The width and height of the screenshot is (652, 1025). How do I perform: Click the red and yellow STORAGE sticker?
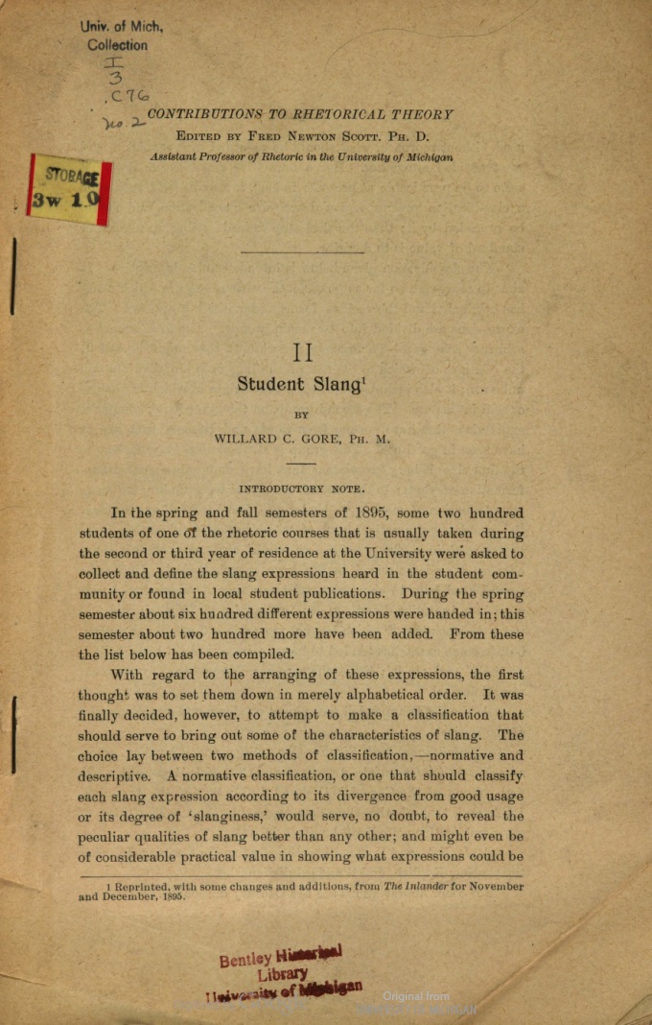tap(70, 189)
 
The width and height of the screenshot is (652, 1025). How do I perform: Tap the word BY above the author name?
tap(301, 416)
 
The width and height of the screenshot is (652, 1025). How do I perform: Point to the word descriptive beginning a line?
tap(113, 775)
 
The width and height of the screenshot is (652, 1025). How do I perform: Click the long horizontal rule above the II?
tap(302, 252)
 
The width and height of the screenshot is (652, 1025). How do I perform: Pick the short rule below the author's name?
tap(301, 464)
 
